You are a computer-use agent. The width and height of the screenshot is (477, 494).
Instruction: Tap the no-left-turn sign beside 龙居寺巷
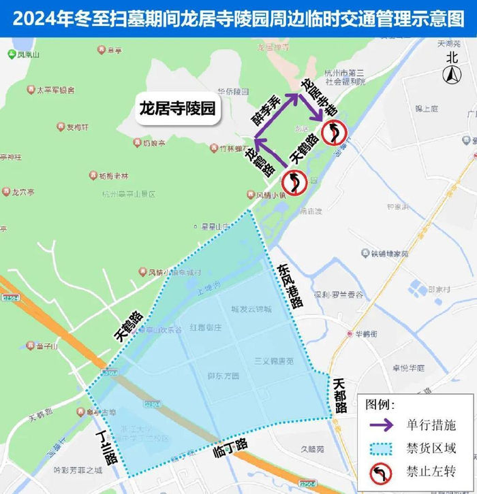point(335,131)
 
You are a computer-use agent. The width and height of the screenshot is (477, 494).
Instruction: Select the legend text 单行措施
point(431,425)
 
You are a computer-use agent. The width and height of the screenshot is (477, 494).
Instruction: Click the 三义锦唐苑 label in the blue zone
point(273,361)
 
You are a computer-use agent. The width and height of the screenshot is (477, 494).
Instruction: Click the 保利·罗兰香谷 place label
point(339,295)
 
